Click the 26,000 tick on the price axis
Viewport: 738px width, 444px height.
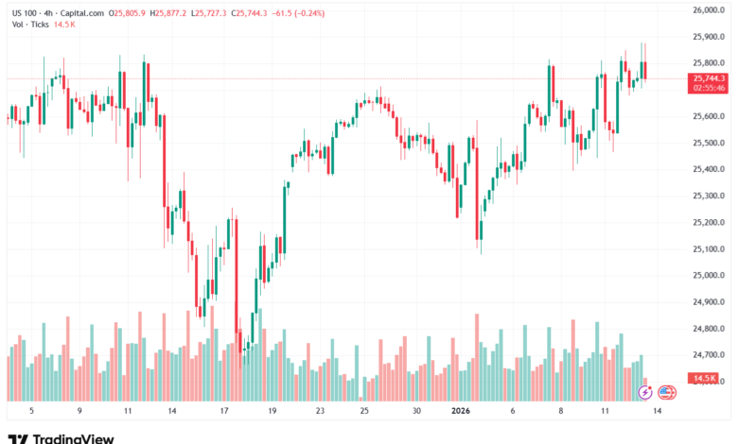click(709, 10)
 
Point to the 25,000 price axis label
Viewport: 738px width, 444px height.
click(709, 276)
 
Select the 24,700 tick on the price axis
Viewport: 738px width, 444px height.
click(709, 355)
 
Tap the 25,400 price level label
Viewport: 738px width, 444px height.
click(709, 170)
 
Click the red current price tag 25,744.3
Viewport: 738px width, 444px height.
click(709, 78)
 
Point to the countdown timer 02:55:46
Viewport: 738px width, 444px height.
click(709, 88)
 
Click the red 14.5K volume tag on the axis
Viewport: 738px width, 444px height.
click(704, 378)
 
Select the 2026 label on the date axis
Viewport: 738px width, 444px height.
click(461, 412)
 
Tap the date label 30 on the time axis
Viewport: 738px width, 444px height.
click(416, 412)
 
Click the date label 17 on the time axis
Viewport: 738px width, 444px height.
click(224, 412)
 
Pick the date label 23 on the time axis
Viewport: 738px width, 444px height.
click(320, 412)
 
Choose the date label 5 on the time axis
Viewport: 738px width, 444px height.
click(31, 412)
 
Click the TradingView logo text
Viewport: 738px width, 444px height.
click(73, 438)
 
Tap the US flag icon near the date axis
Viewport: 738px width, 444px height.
click(666, 392)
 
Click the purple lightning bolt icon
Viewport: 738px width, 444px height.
click(645, 392)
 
